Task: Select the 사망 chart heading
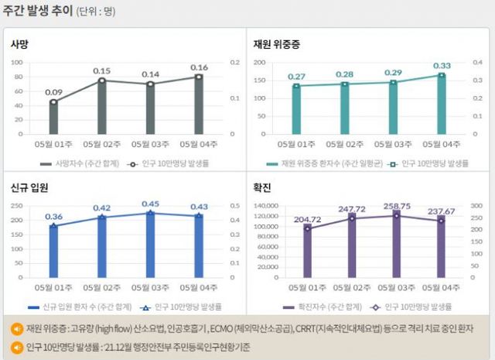19,45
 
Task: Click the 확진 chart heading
262,189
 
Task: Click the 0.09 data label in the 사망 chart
53,92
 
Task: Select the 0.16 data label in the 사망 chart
199,67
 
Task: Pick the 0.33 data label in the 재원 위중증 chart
442,66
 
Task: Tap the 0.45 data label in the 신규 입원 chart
150,204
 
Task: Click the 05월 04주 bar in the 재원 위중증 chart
442,104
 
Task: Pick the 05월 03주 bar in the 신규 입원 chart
150,245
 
